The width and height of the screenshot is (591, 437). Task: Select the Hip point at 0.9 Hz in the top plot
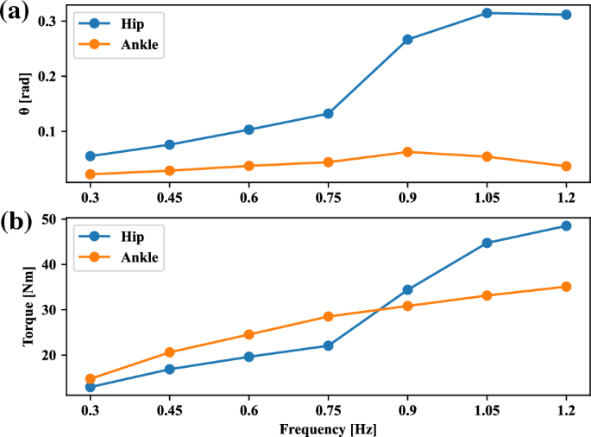(407, 40)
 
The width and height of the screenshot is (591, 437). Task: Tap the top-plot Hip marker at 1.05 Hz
(487, 13)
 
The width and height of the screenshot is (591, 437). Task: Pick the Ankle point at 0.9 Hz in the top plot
(407, 152)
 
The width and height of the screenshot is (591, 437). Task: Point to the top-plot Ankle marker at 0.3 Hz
(91, 174)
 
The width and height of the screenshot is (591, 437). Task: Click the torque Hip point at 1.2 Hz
(566, 225)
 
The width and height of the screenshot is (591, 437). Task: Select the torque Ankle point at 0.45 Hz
(170, 352)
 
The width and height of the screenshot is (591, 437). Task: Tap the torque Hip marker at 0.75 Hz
(329, 345)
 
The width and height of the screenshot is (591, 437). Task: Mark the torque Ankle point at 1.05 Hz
(487, 295)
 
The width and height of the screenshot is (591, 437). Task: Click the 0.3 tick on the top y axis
(50, 20)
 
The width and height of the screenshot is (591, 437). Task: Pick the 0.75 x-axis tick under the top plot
(329, 198)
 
